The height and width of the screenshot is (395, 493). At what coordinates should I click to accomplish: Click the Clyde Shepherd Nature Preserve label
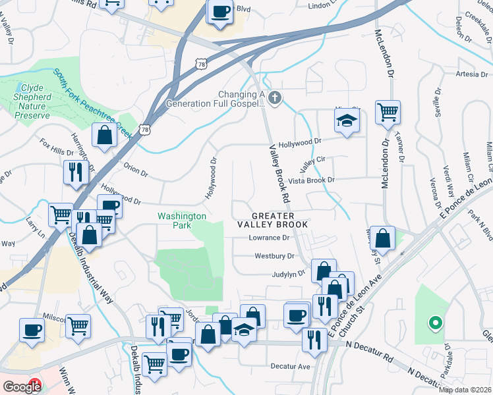point(32,101)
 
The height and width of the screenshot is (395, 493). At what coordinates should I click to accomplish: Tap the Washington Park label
point(181,221)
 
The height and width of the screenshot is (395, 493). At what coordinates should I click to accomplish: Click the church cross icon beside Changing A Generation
point(275,99)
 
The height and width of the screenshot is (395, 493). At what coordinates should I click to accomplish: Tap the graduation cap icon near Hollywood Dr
point(345,120)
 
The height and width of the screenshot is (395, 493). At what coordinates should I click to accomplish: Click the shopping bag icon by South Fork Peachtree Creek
point(105,135)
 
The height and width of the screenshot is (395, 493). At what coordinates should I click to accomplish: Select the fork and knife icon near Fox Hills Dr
point(76,172)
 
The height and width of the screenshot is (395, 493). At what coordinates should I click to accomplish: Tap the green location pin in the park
point(434,323)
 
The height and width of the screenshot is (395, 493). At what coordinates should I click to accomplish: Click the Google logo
point(22,387)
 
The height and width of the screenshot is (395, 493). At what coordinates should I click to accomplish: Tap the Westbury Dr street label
point(274,256)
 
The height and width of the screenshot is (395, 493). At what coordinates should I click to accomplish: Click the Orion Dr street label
point(136,171)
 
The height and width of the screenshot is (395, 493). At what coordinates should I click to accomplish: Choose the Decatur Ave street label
point(290,366)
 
